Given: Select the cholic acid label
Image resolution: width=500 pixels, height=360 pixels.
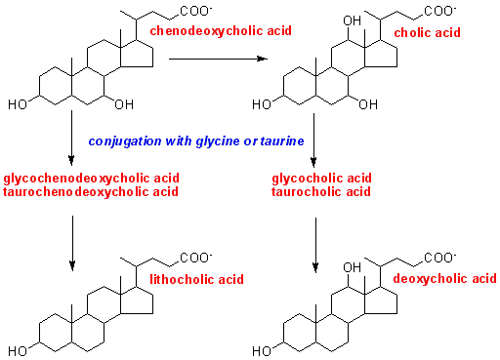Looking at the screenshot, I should (426, 33).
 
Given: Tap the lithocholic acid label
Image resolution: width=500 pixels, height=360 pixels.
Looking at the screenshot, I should (195, 279).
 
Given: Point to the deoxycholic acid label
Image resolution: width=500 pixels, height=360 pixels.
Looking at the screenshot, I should (445, 279).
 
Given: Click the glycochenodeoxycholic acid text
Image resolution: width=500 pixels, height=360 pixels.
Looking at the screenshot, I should (91, 179).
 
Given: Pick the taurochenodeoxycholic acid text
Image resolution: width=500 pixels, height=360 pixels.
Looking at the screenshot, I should (91, 191).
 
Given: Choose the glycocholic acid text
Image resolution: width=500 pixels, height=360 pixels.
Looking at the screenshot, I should (322, 179).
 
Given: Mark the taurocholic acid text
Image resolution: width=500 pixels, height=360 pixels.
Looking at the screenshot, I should (321, 191).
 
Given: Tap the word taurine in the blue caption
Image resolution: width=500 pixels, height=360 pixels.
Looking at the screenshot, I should (283, 141).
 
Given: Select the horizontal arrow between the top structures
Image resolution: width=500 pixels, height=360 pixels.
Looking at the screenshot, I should (218, 60).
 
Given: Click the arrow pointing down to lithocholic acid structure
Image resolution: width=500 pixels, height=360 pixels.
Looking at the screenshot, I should (72, 240).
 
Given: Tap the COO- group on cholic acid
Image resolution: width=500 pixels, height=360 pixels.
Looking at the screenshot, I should (442, 13).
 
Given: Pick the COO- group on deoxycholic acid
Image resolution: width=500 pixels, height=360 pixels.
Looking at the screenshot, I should (440, 258).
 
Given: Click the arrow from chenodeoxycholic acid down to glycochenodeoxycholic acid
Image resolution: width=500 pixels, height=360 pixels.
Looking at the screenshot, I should (72, 138).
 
